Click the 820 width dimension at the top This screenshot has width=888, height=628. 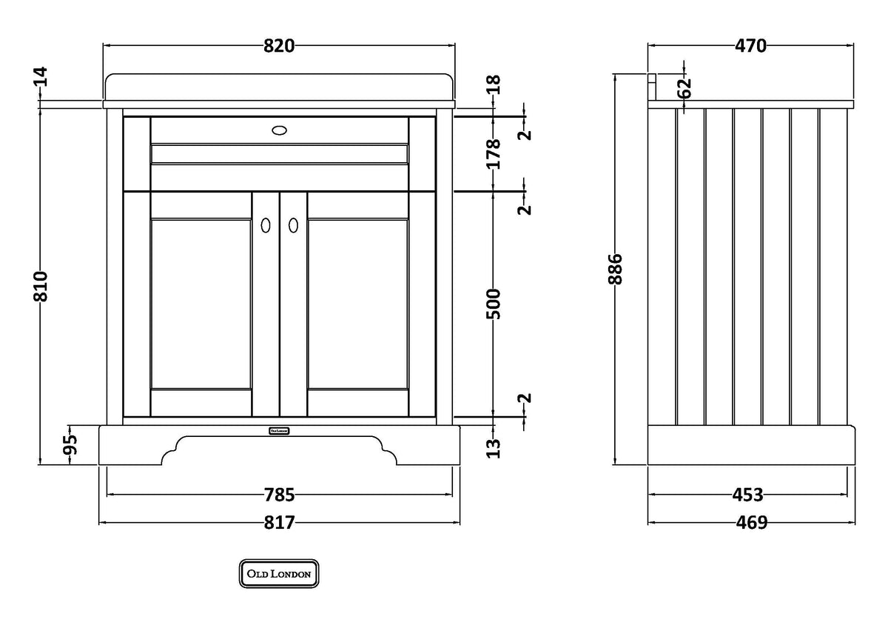pos(279,46)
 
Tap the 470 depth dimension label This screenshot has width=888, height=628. pos(750,46)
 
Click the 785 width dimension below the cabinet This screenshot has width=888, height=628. pos(279,494)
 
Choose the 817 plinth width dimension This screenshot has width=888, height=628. pos(279,523)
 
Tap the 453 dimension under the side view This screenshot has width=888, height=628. pos(748,494)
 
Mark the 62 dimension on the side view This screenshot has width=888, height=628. pos(684,87)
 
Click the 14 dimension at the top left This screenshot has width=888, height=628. pos(40,76)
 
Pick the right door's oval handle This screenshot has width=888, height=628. pos(293,224)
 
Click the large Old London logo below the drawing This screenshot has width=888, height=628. pos(279,573)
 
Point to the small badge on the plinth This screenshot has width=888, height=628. pos(278,430)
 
